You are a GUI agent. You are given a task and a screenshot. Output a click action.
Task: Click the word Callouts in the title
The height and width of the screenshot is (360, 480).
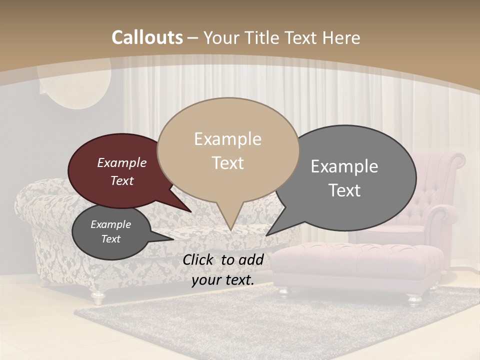(x=147, y=37)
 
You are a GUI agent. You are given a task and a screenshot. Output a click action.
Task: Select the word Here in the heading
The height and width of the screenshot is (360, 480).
(x=340, y=37)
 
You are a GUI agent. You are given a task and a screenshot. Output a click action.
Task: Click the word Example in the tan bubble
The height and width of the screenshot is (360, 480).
(x=227, y=139)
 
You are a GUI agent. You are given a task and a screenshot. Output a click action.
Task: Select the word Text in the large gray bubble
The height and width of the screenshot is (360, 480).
(x=344, y=190)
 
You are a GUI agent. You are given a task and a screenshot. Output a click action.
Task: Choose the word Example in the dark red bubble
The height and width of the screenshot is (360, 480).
(x=121, y=162)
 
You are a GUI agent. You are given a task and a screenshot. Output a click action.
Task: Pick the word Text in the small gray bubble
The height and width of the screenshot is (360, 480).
(x=110, y=239)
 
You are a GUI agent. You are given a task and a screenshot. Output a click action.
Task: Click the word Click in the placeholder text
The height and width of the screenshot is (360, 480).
(x=198, y=259)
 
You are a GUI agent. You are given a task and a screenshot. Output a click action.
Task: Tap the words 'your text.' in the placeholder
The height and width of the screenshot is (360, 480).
(x=222, y=280)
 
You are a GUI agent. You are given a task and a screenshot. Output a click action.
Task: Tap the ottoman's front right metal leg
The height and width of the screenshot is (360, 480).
(x=415, y=298)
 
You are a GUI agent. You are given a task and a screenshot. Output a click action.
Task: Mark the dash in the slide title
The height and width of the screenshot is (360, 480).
(x=193, y=38)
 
